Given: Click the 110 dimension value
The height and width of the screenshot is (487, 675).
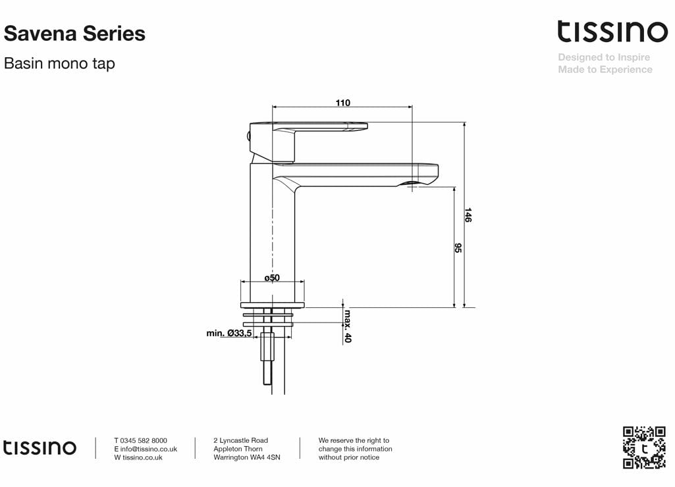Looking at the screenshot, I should tap(343, 103).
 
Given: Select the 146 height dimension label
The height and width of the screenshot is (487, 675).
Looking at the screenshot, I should tap(468, 215).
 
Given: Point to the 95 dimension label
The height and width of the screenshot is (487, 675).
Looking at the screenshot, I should tap(458, 248).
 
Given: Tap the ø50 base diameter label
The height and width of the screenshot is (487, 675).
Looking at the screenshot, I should tap(272, 278).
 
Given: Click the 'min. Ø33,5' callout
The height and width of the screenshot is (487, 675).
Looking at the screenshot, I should tap(229, 334).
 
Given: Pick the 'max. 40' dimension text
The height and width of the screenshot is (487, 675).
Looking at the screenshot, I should tap(348, 326).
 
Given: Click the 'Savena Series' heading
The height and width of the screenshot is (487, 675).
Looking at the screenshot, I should tap(74, 34).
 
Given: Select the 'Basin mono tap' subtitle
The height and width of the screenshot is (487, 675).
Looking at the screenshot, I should tap(59, 64).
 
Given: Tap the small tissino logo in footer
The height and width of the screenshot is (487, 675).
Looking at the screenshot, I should tap(40, 448).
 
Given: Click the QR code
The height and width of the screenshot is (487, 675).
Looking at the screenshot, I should tap(644, 448).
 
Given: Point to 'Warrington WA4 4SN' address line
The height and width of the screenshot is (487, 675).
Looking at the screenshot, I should tap(247, 457).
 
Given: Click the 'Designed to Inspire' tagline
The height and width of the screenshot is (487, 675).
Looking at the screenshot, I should tap(604, 57).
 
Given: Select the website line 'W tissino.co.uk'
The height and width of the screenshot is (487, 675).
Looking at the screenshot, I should tap(138, 457).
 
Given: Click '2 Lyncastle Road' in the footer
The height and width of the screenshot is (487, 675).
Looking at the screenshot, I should tap(240, 440).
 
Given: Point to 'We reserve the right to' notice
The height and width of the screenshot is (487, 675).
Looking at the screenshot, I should tap(354, 440).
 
